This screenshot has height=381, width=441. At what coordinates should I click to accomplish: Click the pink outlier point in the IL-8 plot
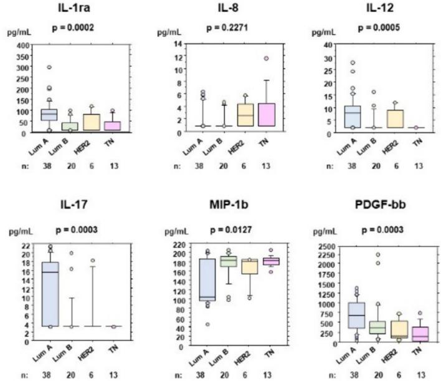point(266,58)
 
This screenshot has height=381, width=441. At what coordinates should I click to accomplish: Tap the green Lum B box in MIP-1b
point(229,261)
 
